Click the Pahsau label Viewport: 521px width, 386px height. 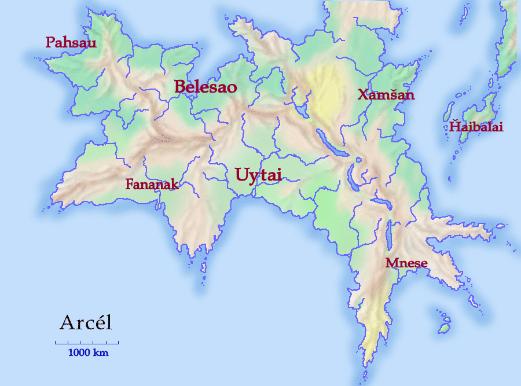point(71,43)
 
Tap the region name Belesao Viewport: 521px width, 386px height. point(206,87)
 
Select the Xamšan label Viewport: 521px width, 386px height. point(386,95)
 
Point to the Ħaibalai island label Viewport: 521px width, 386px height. point(476,127)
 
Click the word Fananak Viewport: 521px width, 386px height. point(152,185)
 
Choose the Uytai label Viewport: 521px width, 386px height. point(258,174)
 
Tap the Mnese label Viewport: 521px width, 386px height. point(406,264)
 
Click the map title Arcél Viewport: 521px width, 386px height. point(86,323)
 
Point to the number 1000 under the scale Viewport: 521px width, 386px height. point(79,352)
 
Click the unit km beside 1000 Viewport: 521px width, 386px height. point(101,352)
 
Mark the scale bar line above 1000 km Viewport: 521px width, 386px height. point(87,343)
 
